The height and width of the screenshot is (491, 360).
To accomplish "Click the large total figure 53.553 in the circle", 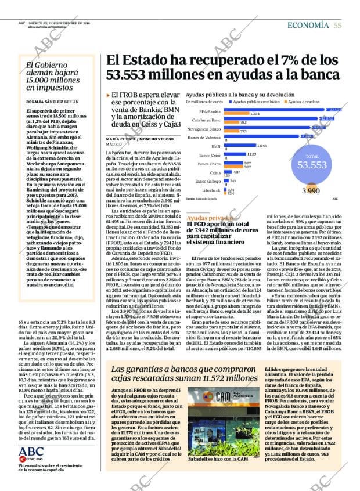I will [312, 164].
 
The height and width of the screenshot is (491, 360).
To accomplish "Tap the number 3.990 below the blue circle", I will [311, 190].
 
